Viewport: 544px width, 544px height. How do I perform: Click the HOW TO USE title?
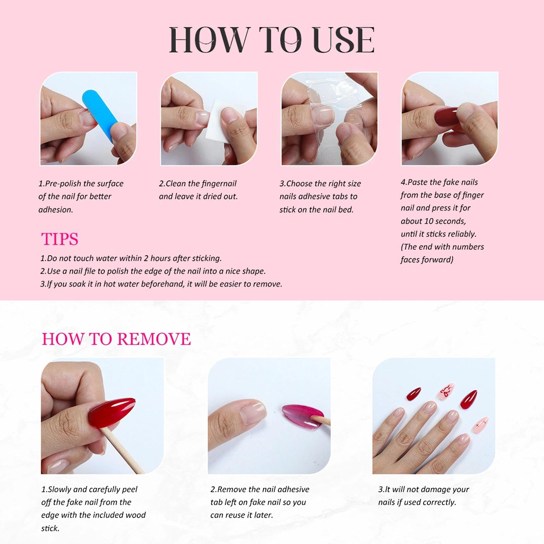(x=272, y=40)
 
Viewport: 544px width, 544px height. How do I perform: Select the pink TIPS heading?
(x=60, y=239)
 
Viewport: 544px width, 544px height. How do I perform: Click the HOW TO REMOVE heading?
(x=116, y=339)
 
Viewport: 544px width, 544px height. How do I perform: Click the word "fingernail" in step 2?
(x=219, y=184)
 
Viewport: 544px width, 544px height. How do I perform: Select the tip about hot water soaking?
(x=161, y=284)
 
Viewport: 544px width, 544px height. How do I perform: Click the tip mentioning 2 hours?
(x=131, y=258)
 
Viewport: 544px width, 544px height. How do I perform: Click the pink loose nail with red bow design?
(x=446, y=394)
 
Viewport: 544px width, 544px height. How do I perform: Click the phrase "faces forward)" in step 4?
(x=427, y=260)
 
